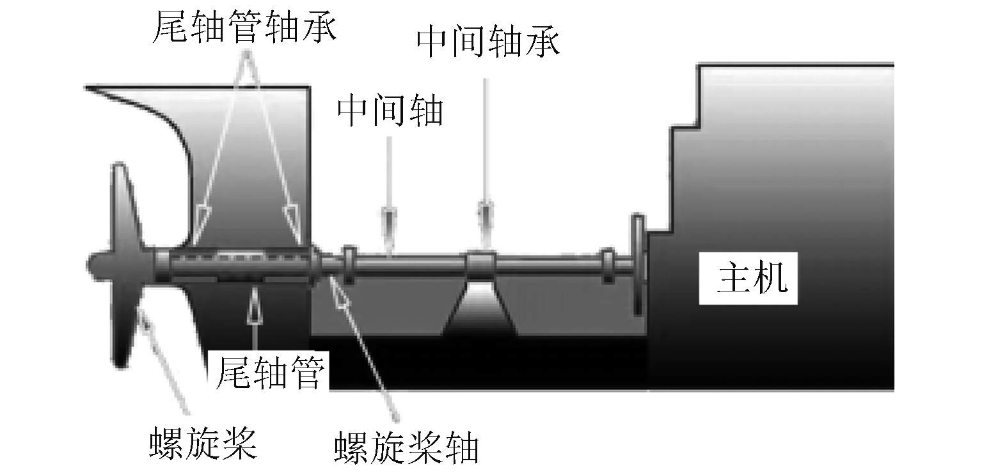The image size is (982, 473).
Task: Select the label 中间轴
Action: pyautogui.click(x=390, y=111)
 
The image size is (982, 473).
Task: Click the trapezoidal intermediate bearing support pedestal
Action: pyautogui.click(x=480, y=310)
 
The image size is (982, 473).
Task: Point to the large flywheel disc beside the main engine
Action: pyautogui.click(x=638, y=263)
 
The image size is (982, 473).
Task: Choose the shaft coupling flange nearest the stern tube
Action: pyautogui.click(x=349, y=264)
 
